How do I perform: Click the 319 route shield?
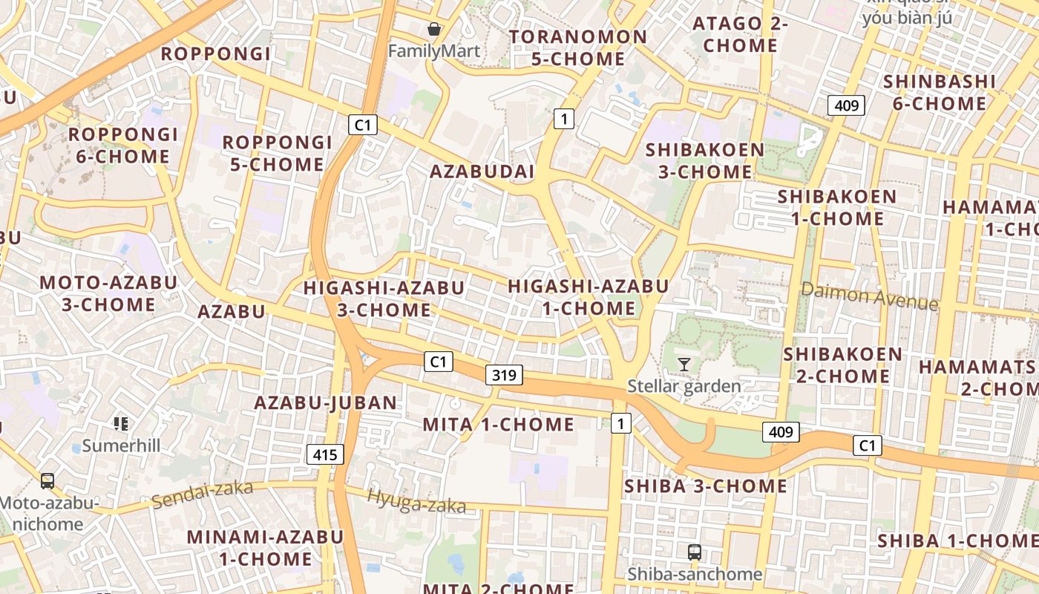tap(504, 375)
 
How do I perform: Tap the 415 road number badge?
tap(325, 454)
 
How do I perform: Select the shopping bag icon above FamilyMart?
tap(434, 30)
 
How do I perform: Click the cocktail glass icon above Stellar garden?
tap(684, 364)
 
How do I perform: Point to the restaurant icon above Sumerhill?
tap(121, 424)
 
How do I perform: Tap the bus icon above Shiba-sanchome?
tap(695, 552)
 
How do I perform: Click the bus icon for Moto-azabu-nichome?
tap(47, 481)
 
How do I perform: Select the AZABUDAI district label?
tap(482, 172)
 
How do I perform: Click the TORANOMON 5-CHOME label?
tap(578, 48)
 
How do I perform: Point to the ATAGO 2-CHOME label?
tap(740, 35)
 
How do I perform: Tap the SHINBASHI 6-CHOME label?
tap(939, 93)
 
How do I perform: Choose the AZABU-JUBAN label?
tap(326, 403)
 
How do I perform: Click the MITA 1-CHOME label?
tap(498, 425)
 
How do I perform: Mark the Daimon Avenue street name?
tap(869, 297)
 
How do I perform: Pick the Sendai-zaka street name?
tap(203, 494)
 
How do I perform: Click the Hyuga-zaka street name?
tap(416, 502)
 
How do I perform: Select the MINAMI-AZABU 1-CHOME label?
tap(265, 548)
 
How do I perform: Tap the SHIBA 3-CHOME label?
tap(705, 486)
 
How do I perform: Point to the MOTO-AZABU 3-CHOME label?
tap(108, 294)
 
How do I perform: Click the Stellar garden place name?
tap(684, 386)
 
